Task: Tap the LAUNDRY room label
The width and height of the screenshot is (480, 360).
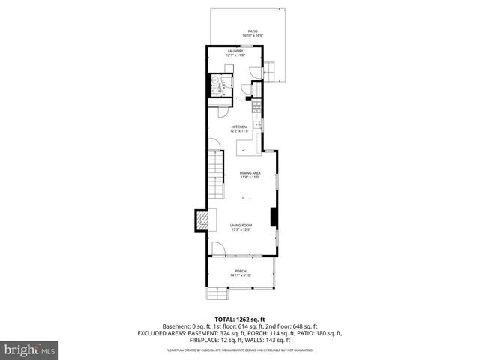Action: pyautogui.click(x=235, y=51)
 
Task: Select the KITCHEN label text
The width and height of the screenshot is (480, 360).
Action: pyautogui.click(x=239, y=127)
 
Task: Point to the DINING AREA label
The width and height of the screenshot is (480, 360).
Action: pyautogui.click(x=250, y=174)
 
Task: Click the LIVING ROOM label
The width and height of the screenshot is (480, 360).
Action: pyautogui.click(x=241, y=225)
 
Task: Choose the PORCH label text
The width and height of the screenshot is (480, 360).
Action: pyautogui.click(x=240, y=271)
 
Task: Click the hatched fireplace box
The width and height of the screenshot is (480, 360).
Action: pyautogui.click(x=202, y=220)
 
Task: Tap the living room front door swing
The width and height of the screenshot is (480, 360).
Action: pyautogui.click(x=217, y=249)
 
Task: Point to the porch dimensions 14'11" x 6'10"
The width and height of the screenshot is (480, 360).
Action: pyautogui.click(x=240, y=275)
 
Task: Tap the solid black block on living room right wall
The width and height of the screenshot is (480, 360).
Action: pyautogui.click(x=273, y=216)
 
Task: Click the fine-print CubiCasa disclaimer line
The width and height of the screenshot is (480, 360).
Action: pyautogui.click(x=239, y=349)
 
